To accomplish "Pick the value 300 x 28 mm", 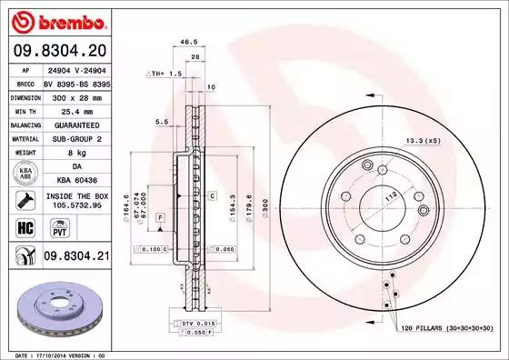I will [76, 95].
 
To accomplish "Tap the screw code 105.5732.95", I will [76, 207].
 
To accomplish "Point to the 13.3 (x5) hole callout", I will [424, 140].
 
